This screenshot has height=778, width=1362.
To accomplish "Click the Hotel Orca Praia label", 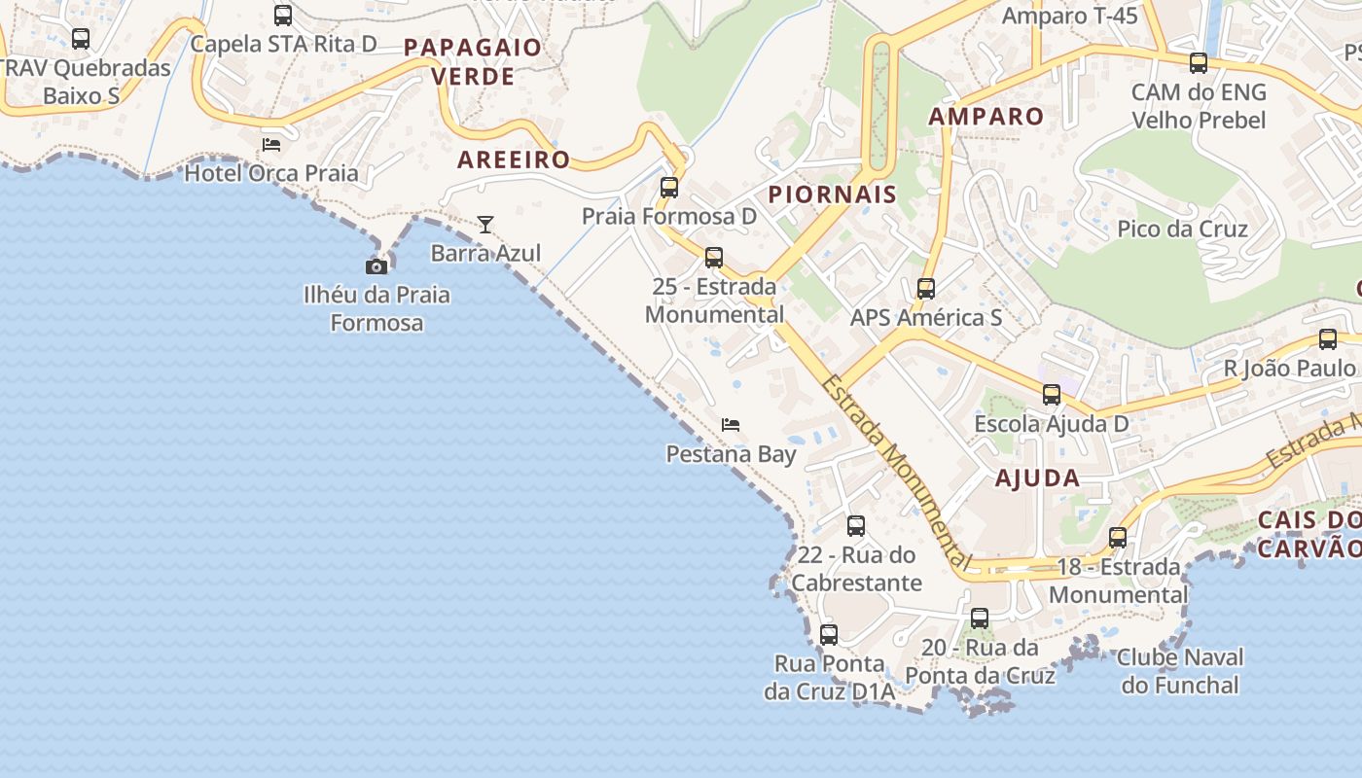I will click(x=271, y=173).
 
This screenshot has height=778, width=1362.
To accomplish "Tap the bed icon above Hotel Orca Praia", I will click(x=271, y=145).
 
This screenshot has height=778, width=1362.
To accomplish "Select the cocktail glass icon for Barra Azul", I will click(x=485, y=225).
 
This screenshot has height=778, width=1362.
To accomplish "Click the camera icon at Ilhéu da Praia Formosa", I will click(x=376, y=265).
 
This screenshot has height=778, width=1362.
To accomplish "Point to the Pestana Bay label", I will click(x=731, y=454).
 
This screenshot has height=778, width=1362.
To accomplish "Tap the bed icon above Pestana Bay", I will click(x=731, y=425).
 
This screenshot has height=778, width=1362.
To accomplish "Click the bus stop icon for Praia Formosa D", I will click(x=669, y=188).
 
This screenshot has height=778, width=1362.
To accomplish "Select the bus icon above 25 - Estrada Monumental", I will click(x=714, y=258).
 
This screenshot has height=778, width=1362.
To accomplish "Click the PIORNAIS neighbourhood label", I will click(x=832, y=194).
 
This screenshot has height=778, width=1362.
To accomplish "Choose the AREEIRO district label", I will click(x=514, y=159).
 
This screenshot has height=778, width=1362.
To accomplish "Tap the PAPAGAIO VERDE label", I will click(x=473, y=61).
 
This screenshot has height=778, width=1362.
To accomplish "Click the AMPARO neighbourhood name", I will click(x=986, y=117).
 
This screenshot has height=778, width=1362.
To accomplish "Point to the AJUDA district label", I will click(x=1037, y=477).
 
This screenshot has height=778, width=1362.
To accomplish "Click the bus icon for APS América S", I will click(x=926, y=289).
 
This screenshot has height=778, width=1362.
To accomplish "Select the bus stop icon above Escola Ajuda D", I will click(x=1052, y=395).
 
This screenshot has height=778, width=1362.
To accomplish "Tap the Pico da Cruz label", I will click(x=1182, y=229).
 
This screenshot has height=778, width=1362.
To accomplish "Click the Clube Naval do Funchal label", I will click(x=1180, y=671).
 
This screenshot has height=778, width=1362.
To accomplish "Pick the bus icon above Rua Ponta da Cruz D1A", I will click(x=829, y=635).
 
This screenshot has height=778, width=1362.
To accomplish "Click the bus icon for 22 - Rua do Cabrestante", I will click(x=856, y=526).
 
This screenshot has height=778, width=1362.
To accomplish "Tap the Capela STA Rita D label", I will click(x=283, y=44).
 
